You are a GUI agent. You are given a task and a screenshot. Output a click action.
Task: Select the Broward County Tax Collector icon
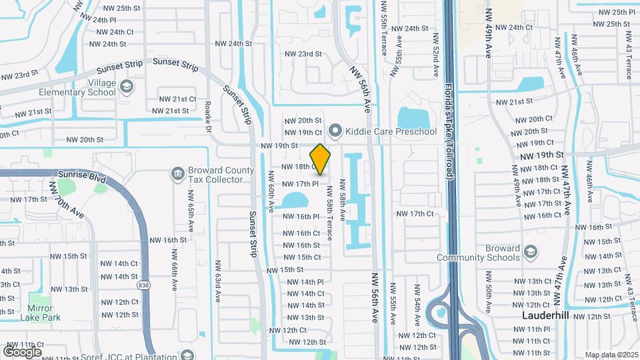178,174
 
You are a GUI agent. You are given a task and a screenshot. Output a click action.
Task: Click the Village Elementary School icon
127,87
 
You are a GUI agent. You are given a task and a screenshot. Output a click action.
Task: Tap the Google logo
22,351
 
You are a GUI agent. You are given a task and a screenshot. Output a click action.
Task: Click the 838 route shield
143,285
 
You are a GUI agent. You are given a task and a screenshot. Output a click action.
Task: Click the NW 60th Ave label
272,191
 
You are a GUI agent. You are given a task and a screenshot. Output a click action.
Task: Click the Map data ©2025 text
611,355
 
